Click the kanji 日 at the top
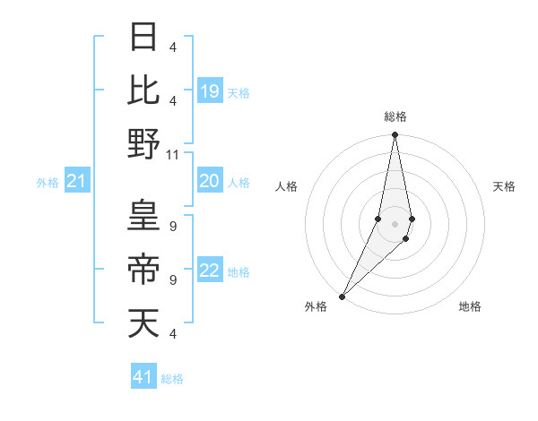(x=144, y=38)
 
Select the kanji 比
(x=144, y=90)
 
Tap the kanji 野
(x=144, y=143)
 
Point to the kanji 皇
(x=144, y=215)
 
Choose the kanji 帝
(x=144, y=269)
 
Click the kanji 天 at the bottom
(x=144, y=322)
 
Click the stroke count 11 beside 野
(x=173, y=154)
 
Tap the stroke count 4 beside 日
(x=172, y=47)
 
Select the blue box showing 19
(x=210, y=91)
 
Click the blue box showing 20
(x=210, y=182)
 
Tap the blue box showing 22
(x=210, y=271)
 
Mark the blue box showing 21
(x=76, y=183)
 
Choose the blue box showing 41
(x=143, y=377)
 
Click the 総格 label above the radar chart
(x=395, y=116)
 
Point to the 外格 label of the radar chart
(x=316, y=306)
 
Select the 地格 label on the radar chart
(x=470, y=306)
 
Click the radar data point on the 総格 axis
(x=395, y=136)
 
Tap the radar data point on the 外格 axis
(x=343, y=296)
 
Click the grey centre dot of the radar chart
(x=395, y=224)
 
